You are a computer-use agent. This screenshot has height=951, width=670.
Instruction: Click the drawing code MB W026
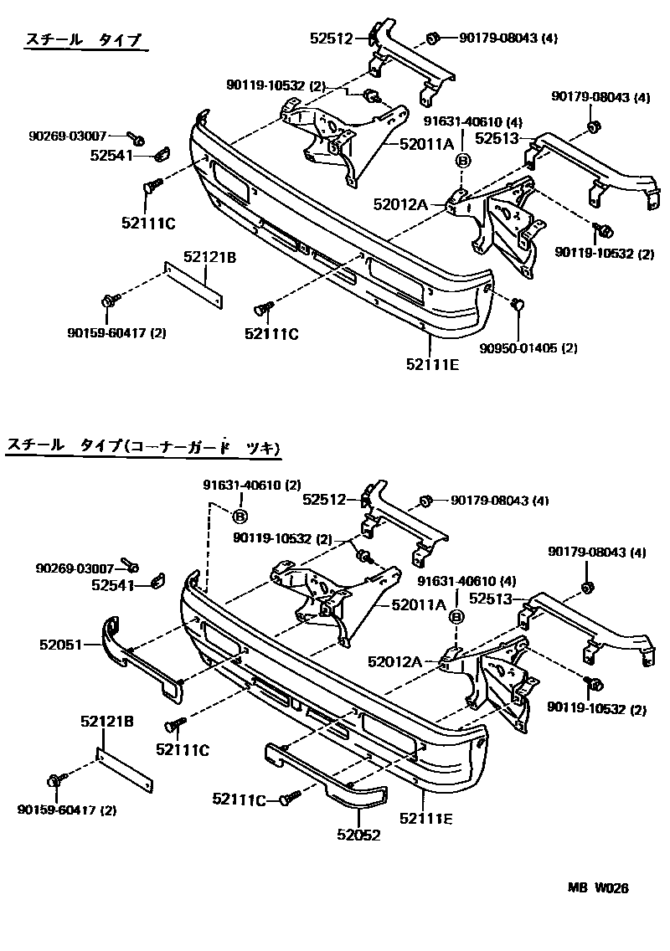[600, 888]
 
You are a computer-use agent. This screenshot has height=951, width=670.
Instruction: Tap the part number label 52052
[359, 835]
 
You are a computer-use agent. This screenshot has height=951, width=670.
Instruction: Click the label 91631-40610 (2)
[251, 485]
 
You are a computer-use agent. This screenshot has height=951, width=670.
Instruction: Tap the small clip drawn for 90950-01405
[518, 304]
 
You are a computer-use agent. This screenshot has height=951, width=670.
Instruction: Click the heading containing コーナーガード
[142, 448]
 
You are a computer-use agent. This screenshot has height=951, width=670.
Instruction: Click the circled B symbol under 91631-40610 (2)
[239, 516]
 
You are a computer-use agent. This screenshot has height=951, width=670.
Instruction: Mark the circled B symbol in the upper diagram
[462, 162]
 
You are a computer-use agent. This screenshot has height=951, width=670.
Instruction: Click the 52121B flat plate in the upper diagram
[195, 285]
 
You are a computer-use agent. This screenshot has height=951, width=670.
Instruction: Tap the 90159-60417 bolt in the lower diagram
[56, 780]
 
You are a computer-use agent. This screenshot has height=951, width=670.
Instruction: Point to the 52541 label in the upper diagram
[111, 154]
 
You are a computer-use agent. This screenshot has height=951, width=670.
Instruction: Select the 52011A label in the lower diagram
[412, 604]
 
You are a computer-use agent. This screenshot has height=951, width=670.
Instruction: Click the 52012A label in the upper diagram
[399, 203]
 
